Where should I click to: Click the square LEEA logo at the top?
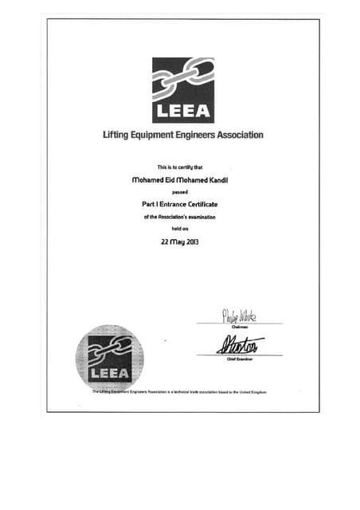[x=182, y=89]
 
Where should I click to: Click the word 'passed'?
[x=181, y=192]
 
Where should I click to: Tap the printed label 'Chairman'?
[x=239, y=326]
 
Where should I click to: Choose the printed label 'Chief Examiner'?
[x=240, y=359]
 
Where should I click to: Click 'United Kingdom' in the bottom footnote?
[x=250, y=392]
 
